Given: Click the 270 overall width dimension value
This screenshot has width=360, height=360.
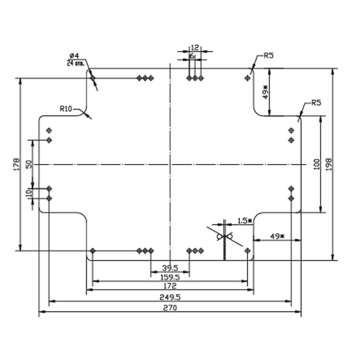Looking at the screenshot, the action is pyautogui.click(x=170, y=307).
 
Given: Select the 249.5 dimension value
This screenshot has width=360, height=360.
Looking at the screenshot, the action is pyautogui.click(x=170, y=297).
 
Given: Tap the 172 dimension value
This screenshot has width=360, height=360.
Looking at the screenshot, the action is pyautogui.click(x=170, y=286).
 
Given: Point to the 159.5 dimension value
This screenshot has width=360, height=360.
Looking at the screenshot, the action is pyautogui.click(x=170, y=277).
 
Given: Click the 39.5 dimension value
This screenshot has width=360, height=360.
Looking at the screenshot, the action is pyautogui.click(x=170, y=268).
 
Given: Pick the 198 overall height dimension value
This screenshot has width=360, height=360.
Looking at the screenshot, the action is pyautogui.click(x=328, y=164).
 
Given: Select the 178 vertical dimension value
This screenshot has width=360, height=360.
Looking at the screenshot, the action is pyautogui.click(x=17, y=164).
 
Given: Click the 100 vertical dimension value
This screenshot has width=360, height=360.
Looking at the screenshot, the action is pyautogui.click(x=317, y=164).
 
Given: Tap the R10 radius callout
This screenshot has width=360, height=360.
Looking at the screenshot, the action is pyautogui.click(x=66, y=109).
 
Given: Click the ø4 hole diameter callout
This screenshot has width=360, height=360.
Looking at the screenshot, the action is pyautogui.click(x=74, y=56).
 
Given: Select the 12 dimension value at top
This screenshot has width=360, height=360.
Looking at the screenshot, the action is pyautogui.click(x=195, y=48).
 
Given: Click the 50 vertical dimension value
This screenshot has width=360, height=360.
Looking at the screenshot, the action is pyautogui.click(x=29, y=164).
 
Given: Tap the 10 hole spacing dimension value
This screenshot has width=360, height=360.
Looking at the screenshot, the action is pyautogui.click(x=29, y=193).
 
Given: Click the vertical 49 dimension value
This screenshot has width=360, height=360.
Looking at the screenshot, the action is pyautogui.click(x=265, y=92).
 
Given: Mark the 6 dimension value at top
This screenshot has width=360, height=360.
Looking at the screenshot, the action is pyautogui.click(x=192, y=56).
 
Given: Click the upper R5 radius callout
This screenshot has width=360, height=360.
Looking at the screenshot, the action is pyautogui.click(x=269, y=55).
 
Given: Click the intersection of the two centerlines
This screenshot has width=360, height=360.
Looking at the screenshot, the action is pyautogui.click(x=170, y=164).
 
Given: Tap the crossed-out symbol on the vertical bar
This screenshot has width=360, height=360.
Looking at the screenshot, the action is pyautogui.click(x=225, y=237).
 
